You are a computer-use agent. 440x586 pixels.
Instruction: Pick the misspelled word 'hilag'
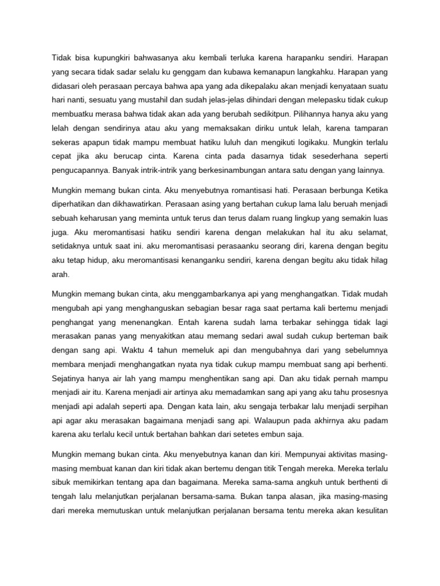(x=378, y=259)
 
